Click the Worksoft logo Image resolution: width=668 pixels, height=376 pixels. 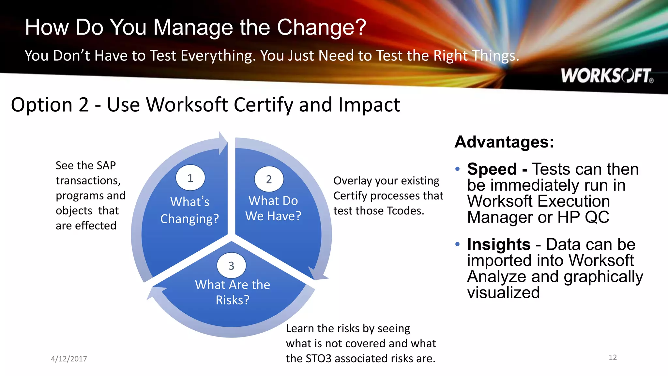(x=607, y=76)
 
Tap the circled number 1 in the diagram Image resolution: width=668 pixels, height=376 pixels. (x=190, y=178)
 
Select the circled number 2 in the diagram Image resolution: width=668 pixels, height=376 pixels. (x=269, y=179)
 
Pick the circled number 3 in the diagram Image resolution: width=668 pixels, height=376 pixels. (x=231, y=266)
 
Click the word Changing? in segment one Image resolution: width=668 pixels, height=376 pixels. (x=190, y=219)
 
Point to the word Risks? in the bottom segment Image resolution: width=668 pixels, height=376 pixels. (x=233, y=300)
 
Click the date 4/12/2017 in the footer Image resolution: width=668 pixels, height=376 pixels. (x=69, y=359)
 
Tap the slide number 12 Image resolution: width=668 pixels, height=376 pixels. (x=613, y=357)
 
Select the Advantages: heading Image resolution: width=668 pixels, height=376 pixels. (x=504, y=142)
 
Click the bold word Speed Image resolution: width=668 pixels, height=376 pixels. (x=492, y=169)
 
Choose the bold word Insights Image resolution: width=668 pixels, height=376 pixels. (x=499, y=244)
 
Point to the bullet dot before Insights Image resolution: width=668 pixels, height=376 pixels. (x=458, y=244)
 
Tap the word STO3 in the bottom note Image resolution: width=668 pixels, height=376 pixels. (x=319, y=358)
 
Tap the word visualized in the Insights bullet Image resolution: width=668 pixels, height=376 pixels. (x=503, y=292)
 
